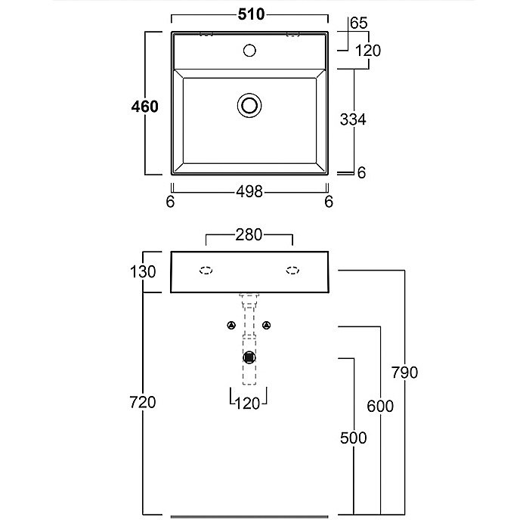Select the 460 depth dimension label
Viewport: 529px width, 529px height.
tap(144, 107)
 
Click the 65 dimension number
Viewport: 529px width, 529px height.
tap(359, 23)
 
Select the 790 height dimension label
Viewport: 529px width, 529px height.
tap(405, 373)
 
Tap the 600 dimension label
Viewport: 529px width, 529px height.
tap(380, 406)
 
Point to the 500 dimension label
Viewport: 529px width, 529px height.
tap(353, 438)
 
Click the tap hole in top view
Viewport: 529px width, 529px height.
tap(249, 51)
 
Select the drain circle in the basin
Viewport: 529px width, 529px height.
tap(249, 104)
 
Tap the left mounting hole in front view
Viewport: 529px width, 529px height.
tap(205, 270)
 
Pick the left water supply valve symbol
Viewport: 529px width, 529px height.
tap(230, 325)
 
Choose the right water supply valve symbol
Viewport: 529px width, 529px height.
tap(267, 325)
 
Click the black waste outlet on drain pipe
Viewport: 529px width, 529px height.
tap(249, 357)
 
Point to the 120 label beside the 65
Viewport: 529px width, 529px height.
tap(367, 51)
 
